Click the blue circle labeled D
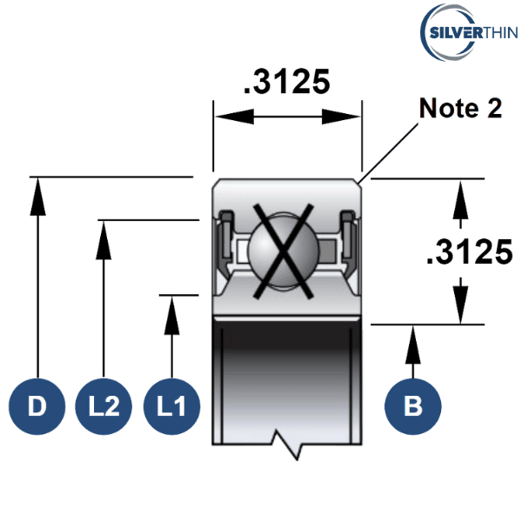point(37,406)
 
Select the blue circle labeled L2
point(104,406)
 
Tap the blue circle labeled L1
point(171,406)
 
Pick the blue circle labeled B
point(412,406)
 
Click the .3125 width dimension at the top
point(287,82)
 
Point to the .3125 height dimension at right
point(470,252)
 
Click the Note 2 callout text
point(460,108)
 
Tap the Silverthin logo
point(469,32)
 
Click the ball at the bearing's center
point(284,251)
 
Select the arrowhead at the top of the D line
point(38,197)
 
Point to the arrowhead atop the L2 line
point(104,240)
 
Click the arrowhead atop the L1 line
point(171,316)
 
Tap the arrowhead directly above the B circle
point(412,345)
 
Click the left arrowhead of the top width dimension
point(234,117)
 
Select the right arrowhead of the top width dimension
point(341,117)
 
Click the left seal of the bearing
point(226,240)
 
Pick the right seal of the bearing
point(349,240)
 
